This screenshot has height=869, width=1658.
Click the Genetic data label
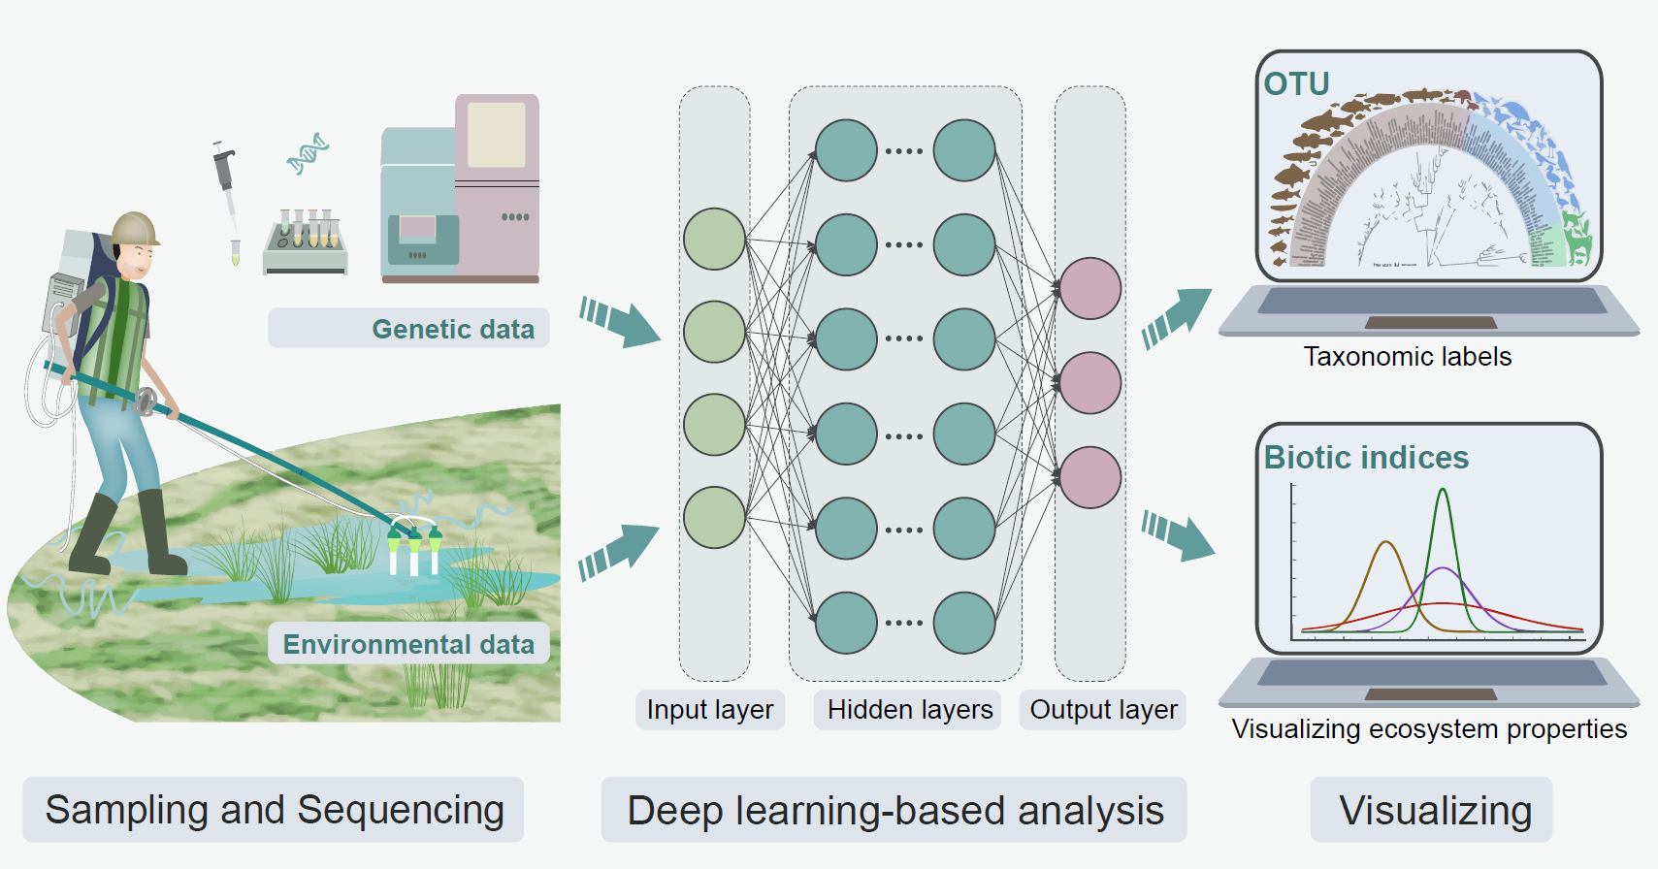tap(452, 330)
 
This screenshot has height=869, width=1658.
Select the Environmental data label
tap(408, 645)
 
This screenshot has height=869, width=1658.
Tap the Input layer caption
tap(710, 710)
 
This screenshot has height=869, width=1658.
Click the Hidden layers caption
tap(910, 710)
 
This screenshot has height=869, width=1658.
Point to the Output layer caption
tap(1103, 710)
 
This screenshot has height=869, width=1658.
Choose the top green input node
tap(714, 239)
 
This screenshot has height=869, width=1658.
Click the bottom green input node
tap(714, 517)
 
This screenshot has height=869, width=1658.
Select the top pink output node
tap(1089, 288)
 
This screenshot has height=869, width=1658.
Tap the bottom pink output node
tap(1089, 477)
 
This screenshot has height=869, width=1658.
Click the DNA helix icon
tap(308, 154)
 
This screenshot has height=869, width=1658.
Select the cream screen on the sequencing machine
tap(497, 135)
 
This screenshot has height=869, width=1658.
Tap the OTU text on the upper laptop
tap(1296, 84)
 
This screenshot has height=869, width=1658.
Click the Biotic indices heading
tap(1366, 458)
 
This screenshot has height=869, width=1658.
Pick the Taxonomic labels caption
tap(1407, 357)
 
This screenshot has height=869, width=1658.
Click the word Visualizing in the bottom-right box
tap(1435, 811)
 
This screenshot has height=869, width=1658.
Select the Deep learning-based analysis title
tap(894, 811)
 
